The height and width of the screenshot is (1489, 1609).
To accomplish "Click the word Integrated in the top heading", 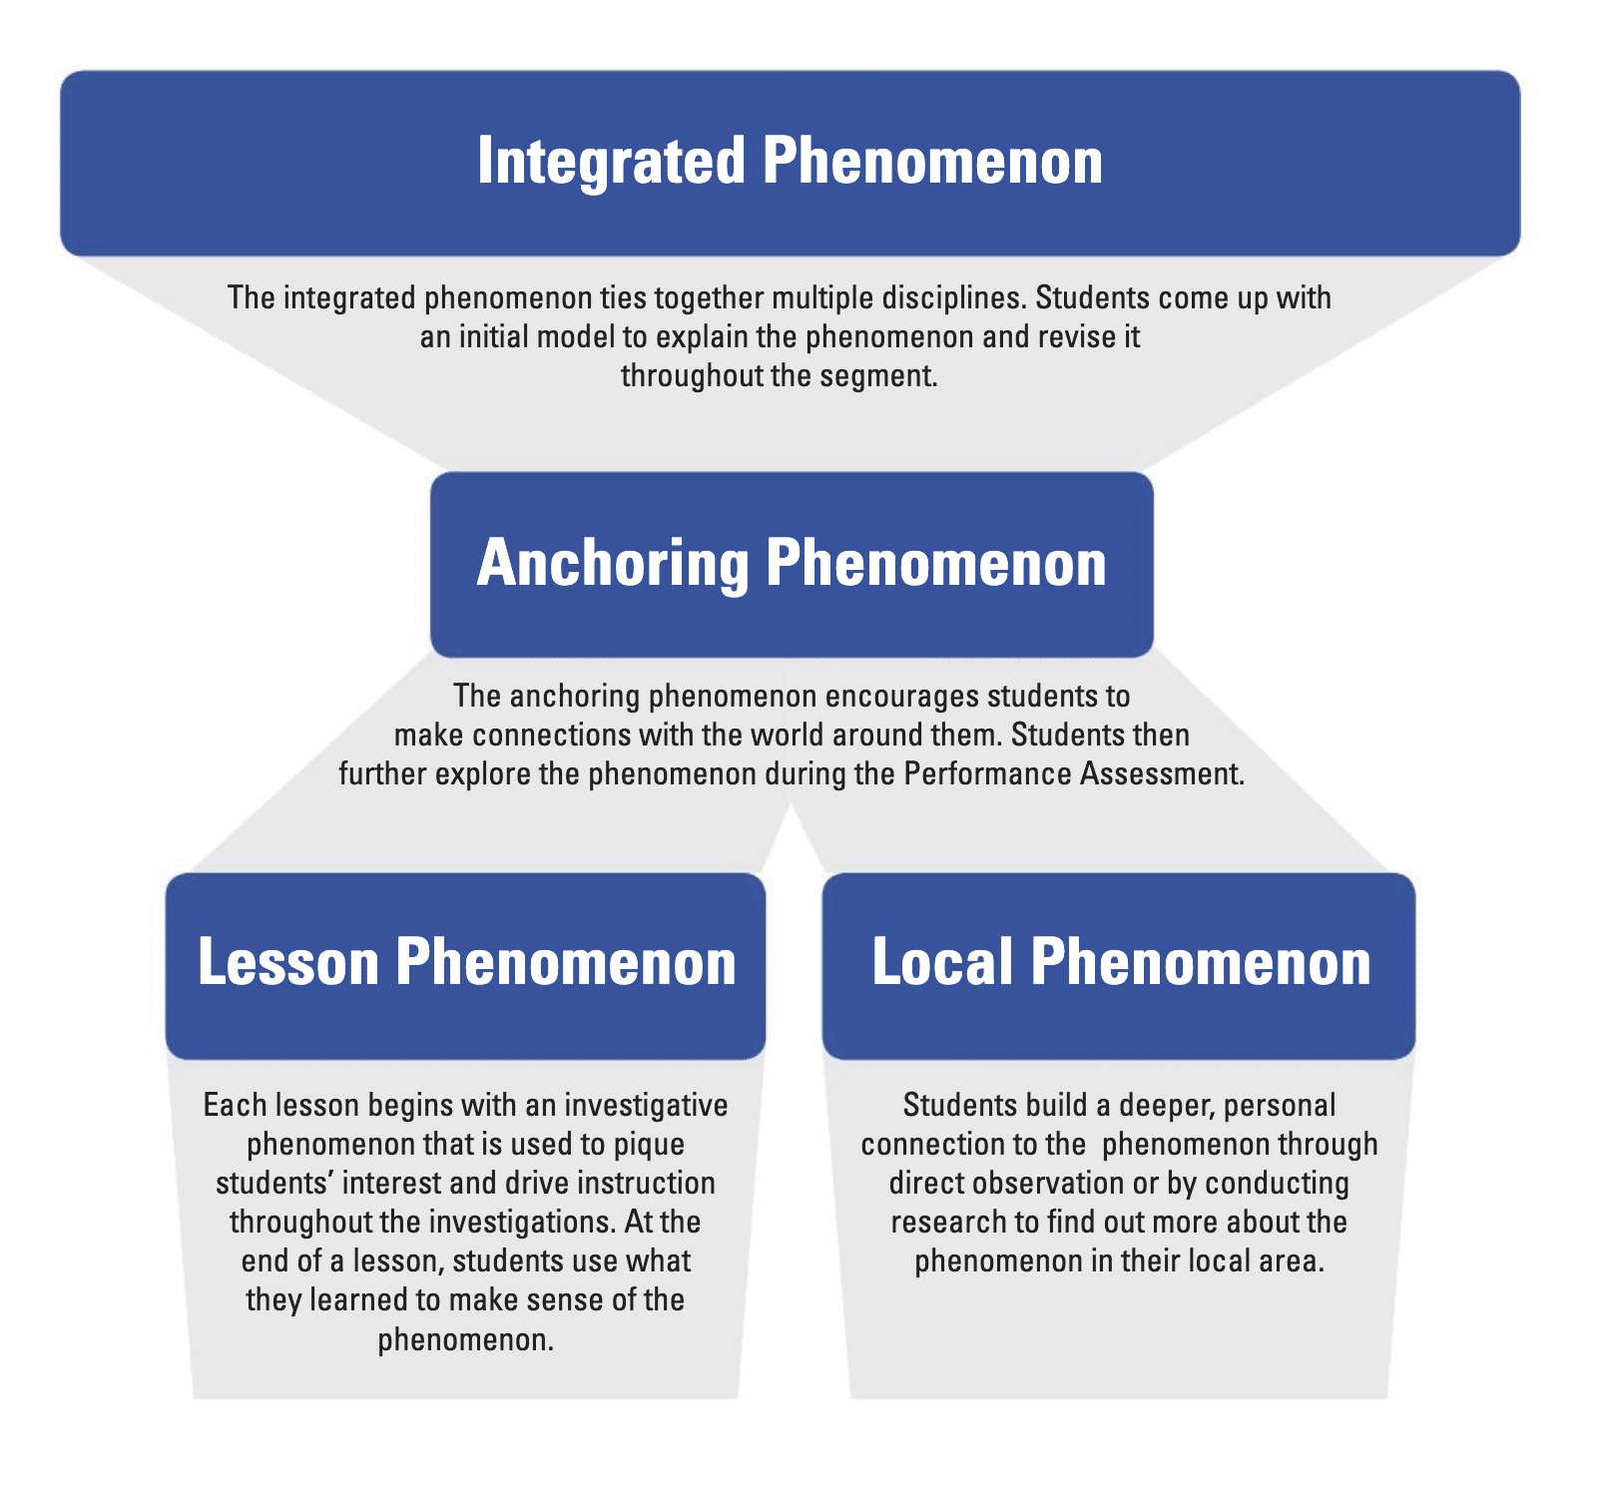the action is [611, 162].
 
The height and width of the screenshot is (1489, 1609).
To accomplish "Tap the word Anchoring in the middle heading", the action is [612, 563].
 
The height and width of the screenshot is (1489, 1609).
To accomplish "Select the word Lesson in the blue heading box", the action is [288, 962].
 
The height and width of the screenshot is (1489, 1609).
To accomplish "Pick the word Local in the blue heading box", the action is [943, 962].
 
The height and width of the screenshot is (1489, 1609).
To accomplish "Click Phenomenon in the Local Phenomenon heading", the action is [1201, 962].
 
